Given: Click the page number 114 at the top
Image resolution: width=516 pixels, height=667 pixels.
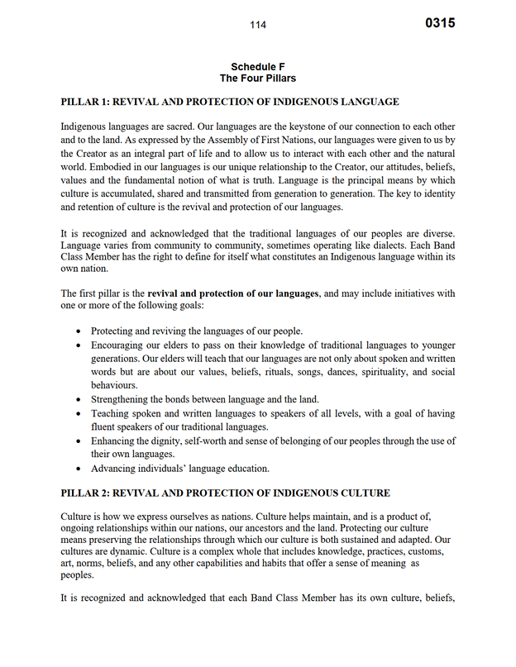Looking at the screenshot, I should [258, 25].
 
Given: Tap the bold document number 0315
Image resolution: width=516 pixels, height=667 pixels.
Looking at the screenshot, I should [440, 23].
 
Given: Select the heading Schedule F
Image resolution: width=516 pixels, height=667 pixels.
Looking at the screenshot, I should [258, 66].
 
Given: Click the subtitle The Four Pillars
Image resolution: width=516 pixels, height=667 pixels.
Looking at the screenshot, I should [258, 79].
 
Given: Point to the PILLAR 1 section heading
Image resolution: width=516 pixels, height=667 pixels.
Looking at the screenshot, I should [230, 102].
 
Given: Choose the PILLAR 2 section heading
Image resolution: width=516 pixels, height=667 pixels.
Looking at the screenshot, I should [226, 493].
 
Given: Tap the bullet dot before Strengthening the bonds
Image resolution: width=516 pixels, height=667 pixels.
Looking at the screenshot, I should [79, 399].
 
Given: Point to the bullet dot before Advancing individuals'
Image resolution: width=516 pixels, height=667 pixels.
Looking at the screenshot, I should [79, 469].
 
